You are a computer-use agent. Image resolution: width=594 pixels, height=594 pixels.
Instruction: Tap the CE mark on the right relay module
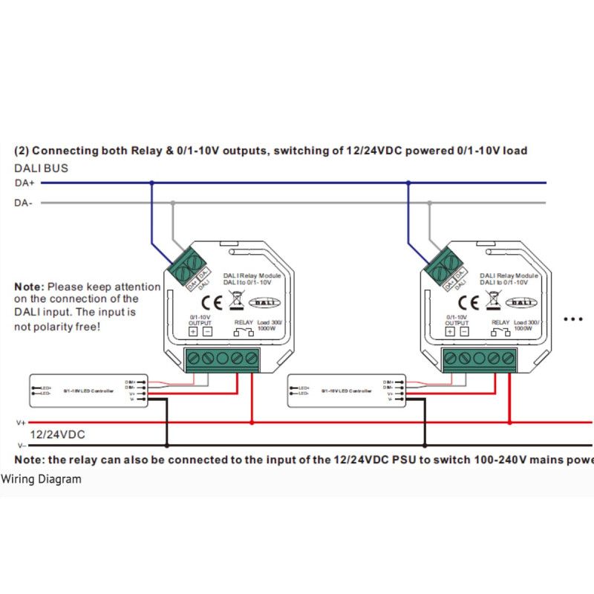[469, 302]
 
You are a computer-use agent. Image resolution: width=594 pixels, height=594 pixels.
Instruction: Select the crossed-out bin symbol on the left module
[237, 301]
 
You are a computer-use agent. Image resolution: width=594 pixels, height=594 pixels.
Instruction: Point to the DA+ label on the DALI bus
[25, 183]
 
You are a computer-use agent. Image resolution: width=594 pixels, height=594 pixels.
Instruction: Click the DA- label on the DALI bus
[24, 202]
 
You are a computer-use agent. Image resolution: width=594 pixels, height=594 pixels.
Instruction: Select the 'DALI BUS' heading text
[42, 169]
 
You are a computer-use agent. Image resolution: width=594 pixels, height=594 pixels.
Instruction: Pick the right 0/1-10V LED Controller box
[345, 391]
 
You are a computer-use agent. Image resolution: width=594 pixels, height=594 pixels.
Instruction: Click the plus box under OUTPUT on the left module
[193, 332]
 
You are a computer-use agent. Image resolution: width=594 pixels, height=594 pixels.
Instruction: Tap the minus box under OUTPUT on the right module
[463, 332]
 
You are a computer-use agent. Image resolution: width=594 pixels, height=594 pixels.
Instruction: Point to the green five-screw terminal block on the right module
[478, 360]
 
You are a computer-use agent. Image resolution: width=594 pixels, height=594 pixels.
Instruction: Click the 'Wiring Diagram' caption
[41, 479]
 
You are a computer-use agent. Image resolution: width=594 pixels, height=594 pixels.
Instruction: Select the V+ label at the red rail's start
[21, 422]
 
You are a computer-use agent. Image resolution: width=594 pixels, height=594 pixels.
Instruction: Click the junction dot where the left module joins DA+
[152, 183]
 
